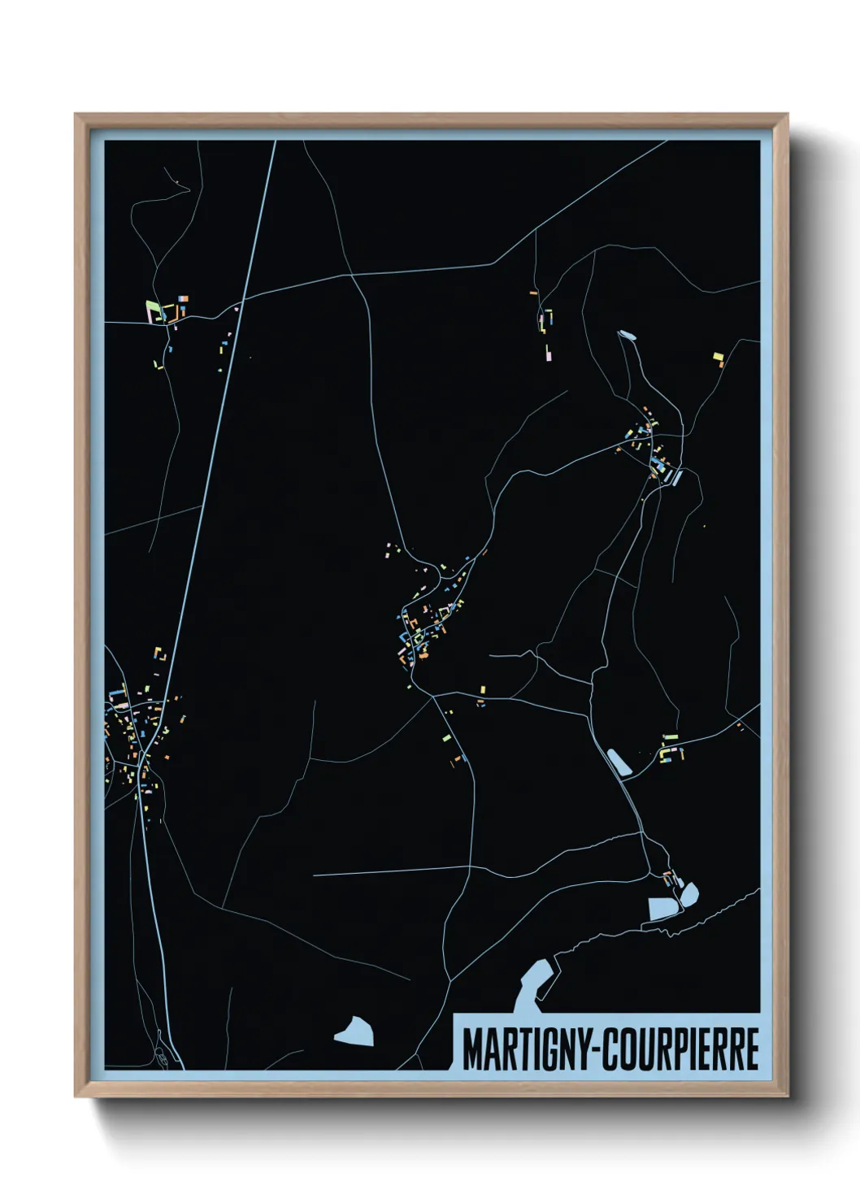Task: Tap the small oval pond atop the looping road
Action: [627, 333]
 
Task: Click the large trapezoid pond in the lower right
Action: [662, 908]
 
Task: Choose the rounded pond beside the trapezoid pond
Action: [689, 895]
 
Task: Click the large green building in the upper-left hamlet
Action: [152, 310]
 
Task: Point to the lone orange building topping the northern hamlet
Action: [534, 292]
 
